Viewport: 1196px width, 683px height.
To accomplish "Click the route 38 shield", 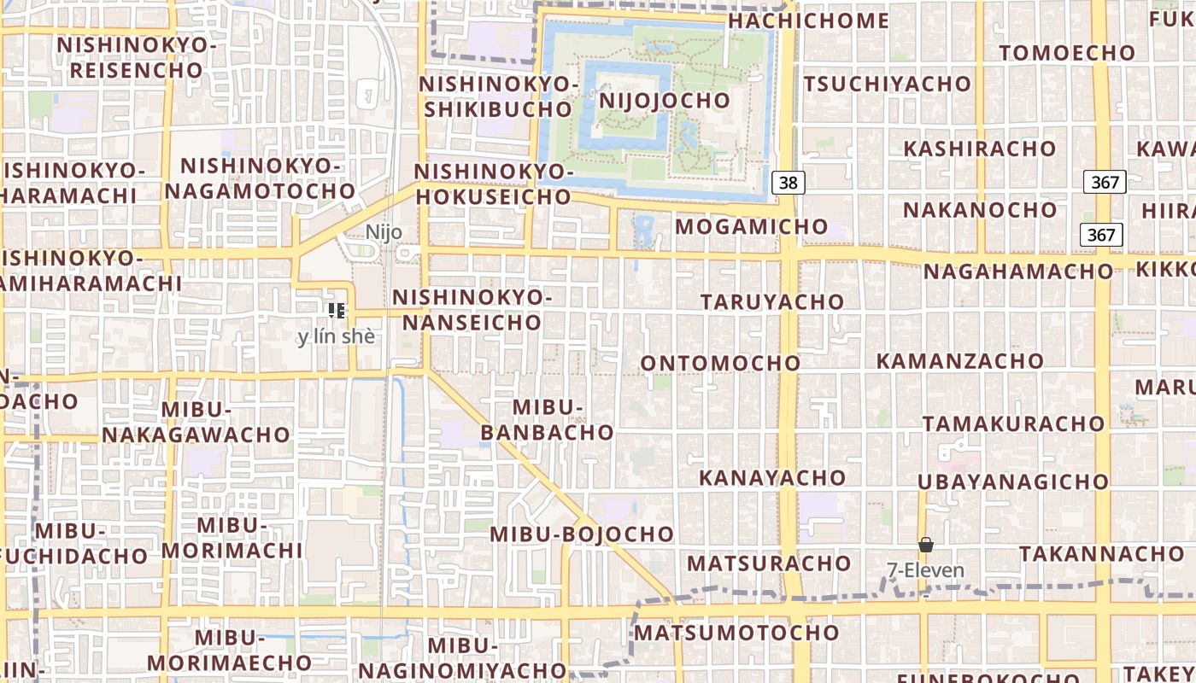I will tap(789, 182).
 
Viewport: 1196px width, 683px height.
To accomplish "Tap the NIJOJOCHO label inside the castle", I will tap(665, 100).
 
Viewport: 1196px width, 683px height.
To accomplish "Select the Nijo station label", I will tap(384, 232).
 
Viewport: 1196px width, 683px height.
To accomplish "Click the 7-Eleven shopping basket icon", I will tap(925, 545).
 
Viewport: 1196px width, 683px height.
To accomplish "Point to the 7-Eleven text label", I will tap(925, 570).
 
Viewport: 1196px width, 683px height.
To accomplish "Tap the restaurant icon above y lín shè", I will tap(336, 311).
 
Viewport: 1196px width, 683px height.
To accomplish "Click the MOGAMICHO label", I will tap(752, 226).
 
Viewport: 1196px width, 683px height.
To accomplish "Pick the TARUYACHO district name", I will tap(772, 301).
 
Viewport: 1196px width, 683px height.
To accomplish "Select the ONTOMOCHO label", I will tap(720, 363).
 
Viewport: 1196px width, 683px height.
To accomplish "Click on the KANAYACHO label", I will tap(772, 477).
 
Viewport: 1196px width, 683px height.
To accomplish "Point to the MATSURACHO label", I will tap(769, 563).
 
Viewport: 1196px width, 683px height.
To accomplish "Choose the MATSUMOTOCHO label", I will tap(736, 633).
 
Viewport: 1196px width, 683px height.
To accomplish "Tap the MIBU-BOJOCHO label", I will tap(582, 534).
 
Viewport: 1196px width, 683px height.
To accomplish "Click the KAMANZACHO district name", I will tap(959, 360).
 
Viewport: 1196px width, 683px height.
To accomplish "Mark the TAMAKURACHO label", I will tap(1013, 423).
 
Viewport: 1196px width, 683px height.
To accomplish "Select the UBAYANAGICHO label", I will tap(1013, 482).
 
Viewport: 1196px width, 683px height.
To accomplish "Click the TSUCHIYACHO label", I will tap(887, 84).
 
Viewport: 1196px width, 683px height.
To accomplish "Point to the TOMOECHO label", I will tap(1067, 53).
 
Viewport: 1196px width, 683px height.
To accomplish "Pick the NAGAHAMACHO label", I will tap(1017, 271).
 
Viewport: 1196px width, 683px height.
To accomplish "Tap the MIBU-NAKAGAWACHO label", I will tap(196, 423).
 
